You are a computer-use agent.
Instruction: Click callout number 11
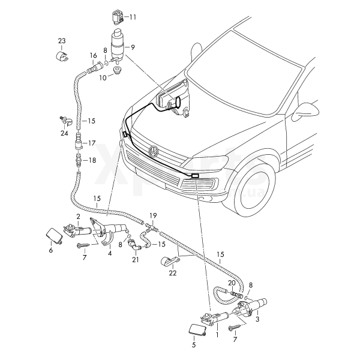(x=133, y=17)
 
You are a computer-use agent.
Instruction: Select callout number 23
(x=62, y=41)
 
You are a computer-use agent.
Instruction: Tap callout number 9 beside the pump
(x=133, y=47)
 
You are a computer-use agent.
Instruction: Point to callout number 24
(x=64, y=133)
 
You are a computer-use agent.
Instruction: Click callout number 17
(x=92, y=143)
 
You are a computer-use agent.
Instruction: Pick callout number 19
(x=153, y=214)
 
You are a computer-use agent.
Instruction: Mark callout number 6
(x=50, y=250)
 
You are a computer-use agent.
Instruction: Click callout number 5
(x=194, y=345)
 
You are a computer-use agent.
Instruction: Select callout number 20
(x=232, y=283)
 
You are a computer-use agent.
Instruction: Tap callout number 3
(x=257, y=320)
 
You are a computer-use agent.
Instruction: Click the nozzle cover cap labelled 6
(x=53, y=235)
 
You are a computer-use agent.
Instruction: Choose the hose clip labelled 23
(x=60, y=56)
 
